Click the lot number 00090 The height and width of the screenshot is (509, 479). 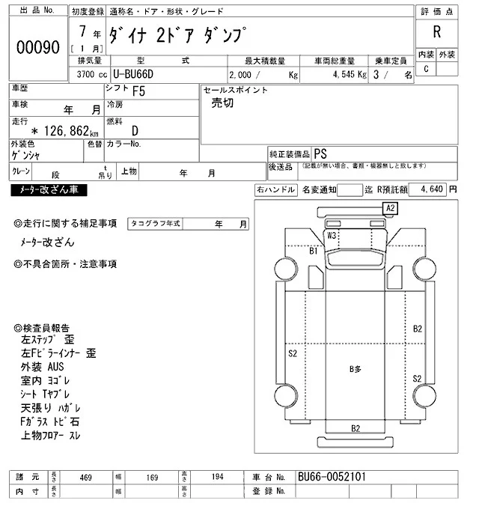click(37, 46)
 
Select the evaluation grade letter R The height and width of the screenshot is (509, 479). click(436, 34)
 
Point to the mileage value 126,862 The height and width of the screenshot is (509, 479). click(56, 131)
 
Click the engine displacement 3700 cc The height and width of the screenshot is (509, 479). click(88, 75)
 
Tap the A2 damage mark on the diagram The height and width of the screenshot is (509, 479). click(390, 207)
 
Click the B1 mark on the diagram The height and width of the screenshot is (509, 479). click(315, 252)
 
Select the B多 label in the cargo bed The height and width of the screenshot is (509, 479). click(356, 369)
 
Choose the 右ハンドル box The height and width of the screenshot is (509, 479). click(275, 190)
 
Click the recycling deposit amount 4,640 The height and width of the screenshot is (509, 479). click(433, 190)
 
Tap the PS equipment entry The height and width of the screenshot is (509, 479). click(320, 152)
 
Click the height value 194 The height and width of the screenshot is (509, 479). click(216, 477)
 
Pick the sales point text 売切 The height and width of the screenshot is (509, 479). click(222, 103)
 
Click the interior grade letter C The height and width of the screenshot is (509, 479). click(427, 69)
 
